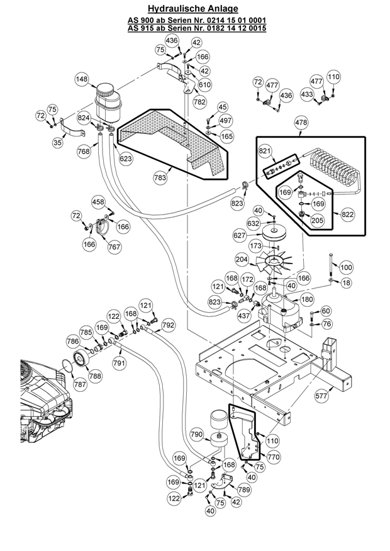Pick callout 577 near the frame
pyautogui.click(x=321, y=396)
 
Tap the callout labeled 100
pyautogui.click(x=345, y=267)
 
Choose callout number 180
pyautogui.click(x=307, y=299)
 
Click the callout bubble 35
pyautogui.click(x=57, y=143)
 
